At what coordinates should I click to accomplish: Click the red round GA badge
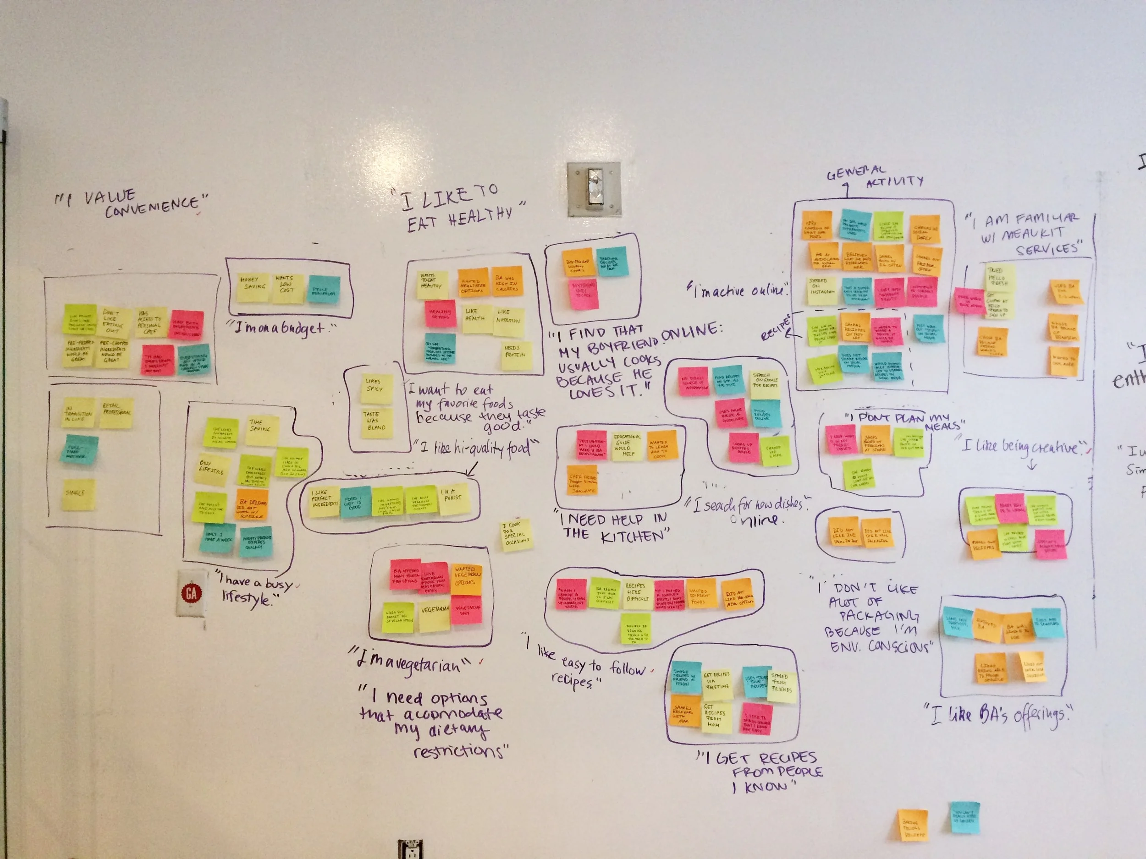click(x=191, y=593)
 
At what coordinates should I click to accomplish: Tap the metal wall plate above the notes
click(x=594, y=189)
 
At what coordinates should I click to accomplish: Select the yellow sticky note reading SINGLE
click(x=79, y=494)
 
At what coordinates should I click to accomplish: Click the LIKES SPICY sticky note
click(x=375, y=386)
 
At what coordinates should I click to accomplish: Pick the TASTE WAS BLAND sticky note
click(x=376, y=421)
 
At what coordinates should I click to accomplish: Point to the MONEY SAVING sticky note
click(x=253, y=287)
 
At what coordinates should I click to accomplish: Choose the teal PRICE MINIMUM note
click(x=324, y=290)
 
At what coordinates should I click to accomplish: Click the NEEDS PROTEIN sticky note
click(x=516, y=353)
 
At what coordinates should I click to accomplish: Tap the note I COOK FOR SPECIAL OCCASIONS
click(x=516, y=534)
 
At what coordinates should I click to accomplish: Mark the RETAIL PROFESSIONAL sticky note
click(x=116, y=412)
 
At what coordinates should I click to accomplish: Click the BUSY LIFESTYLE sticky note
click(x=211, y=469)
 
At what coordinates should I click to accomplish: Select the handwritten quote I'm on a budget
click(x=282, y=328)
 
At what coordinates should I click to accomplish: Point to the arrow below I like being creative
click(x=1032, y=465)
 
